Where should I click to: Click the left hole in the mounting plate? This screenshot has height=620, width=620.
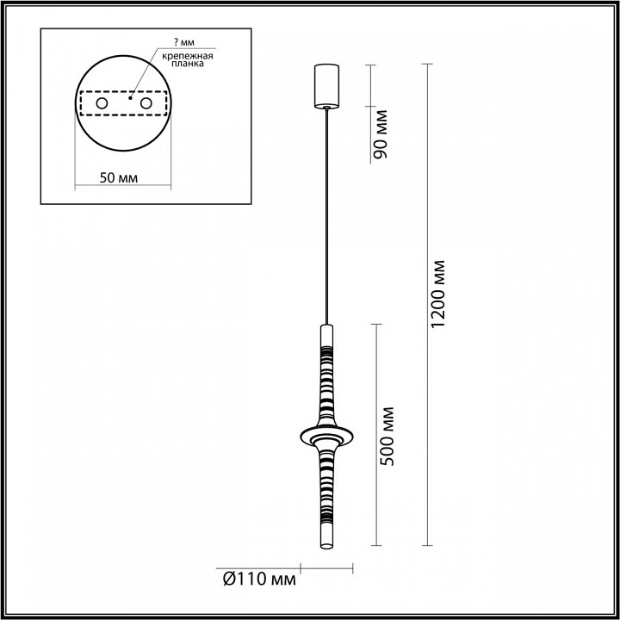coord(101,104)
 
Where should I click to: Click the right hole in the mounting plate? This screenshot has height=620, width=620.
coord(146,104)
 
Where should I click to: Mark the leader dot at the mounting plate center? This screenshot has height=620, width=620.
coord(130,97)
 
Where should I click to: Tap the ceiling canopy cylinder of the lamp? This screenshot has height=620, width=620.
coord(326,84)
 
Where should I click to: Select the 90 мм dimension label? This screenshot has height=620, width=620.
coord(381,134)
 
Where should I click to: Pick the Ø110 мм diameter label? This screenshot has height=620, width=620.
coord(257,579)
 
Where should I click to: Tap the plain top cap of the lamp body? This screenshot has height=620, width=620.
coord(326,332)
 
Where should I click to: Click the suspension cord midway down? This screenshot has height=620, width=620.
coord(326,215)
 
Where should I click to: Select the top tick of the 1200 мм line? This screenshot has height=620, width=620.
coord(427,64)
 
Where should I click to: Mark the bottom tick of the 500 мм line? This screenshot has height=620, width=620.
coord(376,546)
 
